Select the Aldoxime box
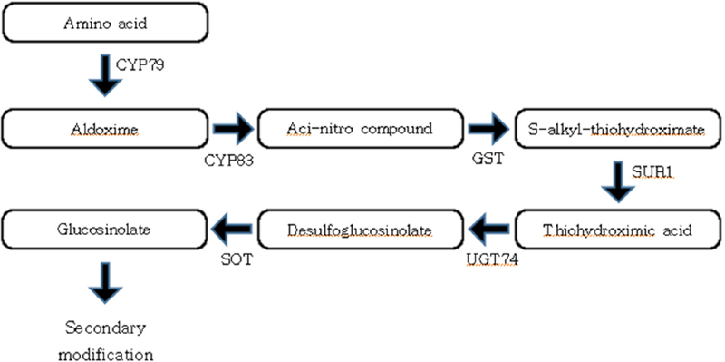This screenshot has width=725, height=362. click(105, 131)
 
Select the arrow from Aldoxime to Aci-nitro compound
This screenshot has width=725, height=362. click(231, 130)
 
